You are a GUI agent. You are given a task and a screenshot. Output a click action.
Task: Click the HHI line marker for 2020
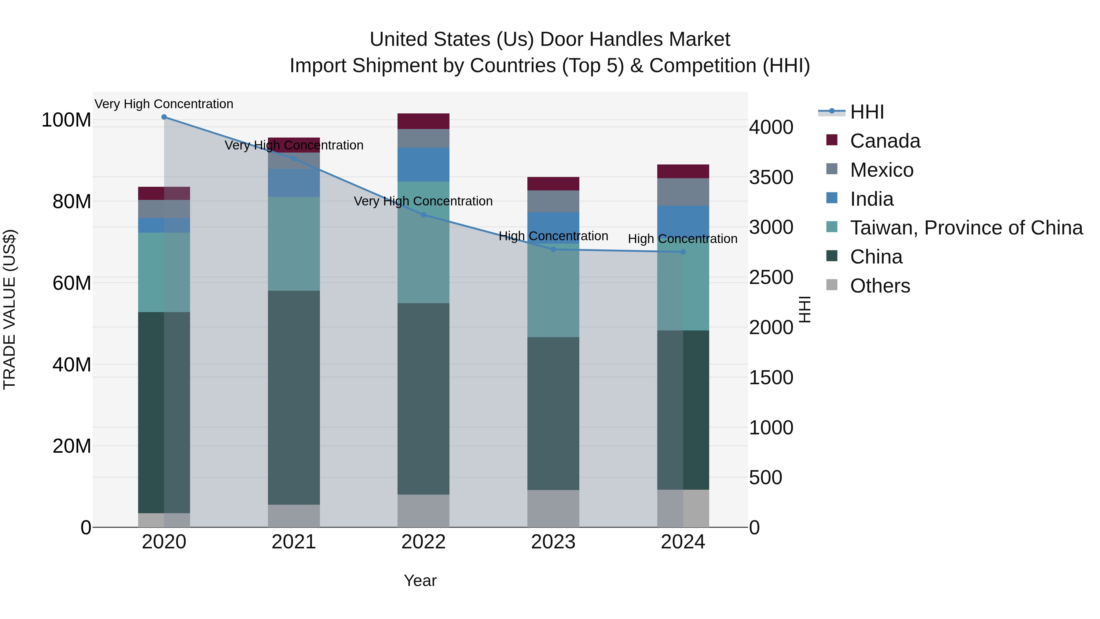164,117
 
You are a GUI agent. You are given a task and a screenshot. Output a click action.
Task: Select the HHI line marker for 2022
424,215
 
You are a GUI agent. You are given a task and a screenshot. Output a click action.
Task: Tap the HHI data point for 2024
683,252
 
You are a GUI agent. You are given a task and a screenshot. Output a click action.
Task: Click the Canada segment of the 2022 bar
424,121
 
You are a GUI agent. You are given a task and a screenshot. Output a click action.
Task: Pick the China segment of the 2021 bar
294,397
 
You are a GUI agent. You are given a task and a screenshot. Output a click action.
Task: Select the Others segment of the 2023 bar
553,508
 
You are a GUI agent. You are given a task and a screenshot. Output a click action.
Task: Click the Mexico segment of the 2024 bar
683,192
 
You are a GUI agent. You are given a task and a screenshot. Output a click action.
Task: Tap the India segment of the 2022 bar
424,165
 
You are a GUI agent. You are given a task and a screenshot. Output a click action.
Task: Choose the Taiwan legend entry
966,228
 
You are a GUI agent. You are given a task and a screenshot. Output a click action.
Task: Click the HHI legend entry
867,112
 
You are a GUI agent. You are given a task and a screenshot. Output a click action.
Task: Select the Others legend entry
880,286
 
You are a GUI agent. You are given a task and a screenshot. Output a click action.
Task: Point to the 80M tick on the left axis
72,202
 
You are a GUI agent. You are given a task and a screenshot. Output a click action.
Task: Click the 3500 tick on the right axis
771,177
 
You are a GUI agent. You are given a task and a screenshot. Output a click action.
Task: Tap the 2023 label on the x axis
553,542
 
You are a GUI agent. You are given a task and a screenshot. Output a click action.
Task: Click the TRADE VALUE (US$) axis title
9,309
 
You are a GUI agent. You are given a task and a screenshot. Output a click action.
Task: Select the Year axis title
420,580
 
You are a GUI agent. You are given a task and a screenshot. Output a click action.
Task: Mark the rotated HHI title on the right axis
805,309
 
